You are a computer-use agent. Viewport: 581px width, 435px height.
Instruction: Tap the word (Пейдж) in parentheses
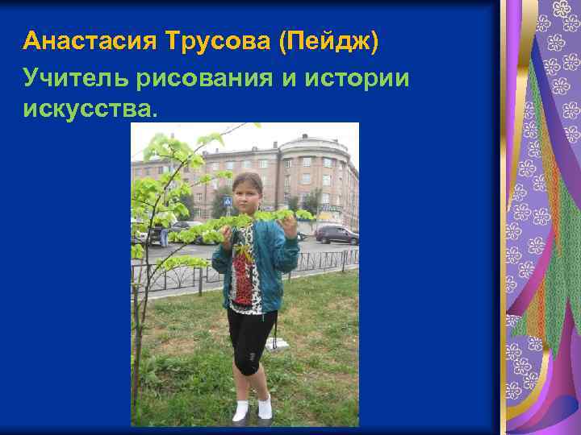click(x=328, y=41)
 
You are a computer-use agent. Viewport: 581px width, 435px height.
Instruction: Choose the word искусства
click(x=86, y=107)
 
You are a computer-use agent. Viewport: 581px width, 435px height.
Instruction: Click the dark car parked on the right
click(x=336, y=234)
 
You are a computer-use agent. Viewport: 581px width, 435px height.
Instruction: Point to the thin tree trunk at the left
click(x=140, y=338)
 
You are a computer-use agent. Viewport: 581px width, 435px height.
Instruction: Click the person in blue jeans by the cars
click(x=164, y=235)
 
